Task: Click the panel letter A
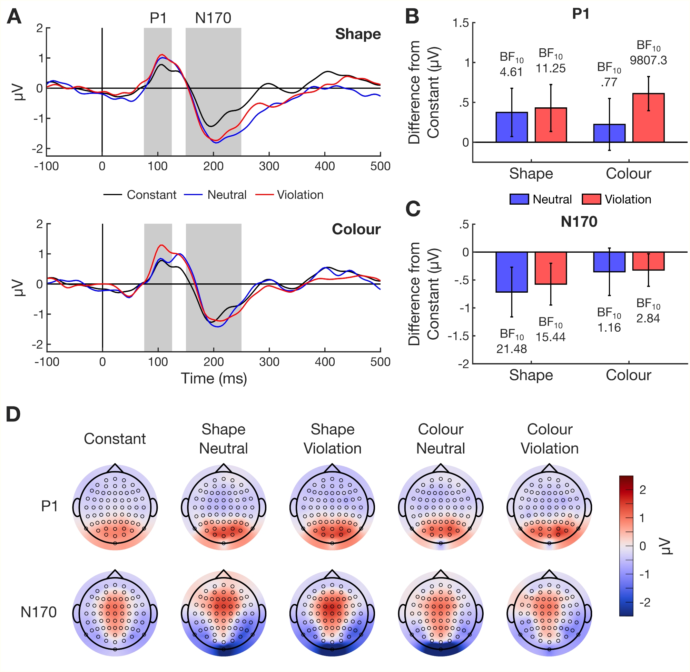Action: click(x=14, y=17)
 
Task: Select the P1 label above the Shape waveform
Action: click(x=158, y=18)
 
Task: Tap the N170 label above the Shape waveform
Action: click(x=213, y=18)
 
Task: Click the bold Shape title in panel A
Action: click(x=358, y=34)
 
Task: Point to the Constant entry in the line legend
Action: click(x=151, y=195)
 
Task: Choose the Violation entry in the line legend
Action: click(x=300, y=195)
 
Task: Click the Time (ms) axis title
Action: click(x=214, y=379)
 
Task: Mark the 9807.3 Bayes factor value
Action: click(x=648, y=60)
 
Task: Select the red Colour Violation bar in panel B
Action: click(x=648, y=118)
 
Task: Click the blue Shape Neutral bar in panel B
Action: click(x=512, y=127)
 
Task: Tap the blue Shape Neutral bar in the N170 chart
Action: click(x=512, y=272)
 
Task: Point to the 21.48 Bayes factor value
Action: click(x=512, y=349)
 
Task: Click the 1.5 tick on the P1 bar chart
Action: click(x=461, y=23)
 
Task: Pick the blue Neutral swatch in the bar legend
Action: click(x=519, y=199)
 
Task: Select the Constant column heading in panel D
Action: click(x=115, y=439)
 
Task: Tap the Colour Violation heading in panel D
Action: click(x=550, y=439)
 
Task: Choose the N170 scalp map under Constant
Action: click(x=115, y=613)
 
